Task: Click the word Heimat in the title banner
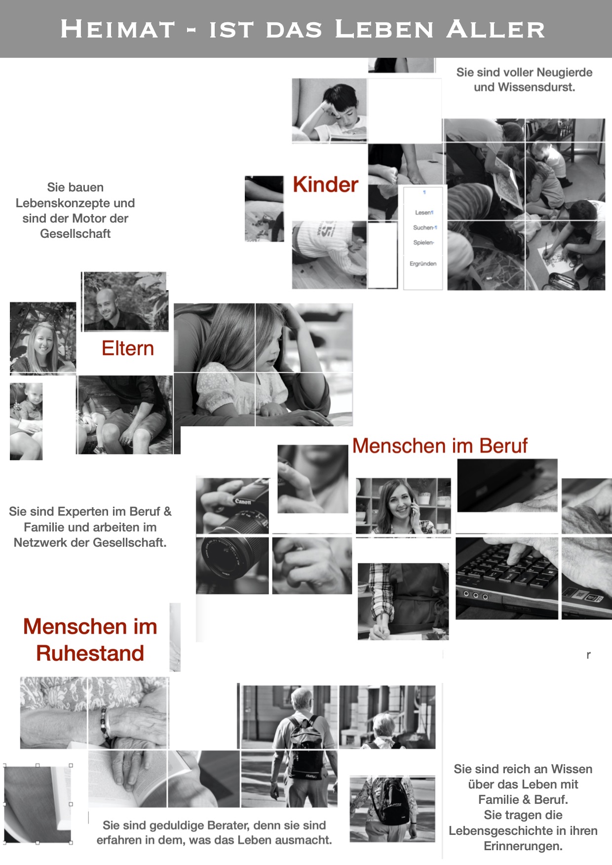118,29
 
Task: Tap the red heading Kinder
325,185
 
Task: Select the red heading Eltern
128,348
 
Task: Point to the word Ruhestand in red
90,653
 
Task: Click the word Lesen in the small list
423,213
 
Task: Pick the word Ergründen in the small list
423,264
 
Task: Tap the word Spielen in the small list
423,243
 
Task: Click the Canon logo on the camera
243,501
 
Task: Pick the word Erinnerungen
523,846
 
